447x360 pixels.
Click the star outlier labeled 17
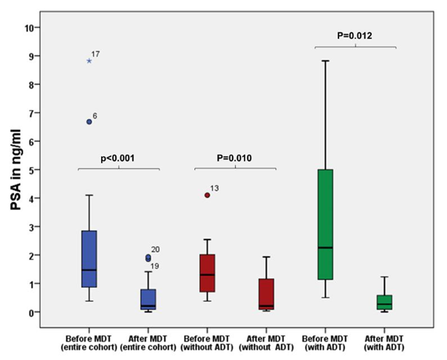89,61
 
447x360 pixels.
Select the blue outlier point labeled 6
89,121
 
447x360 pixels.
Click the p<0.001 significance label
118,158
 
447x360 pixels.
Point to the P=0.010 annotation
235,158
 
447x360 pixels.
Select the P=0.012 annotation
355,34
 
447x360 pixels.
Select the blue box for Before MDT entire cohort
89,259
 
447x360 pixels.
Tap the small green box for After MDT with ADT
383,302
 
